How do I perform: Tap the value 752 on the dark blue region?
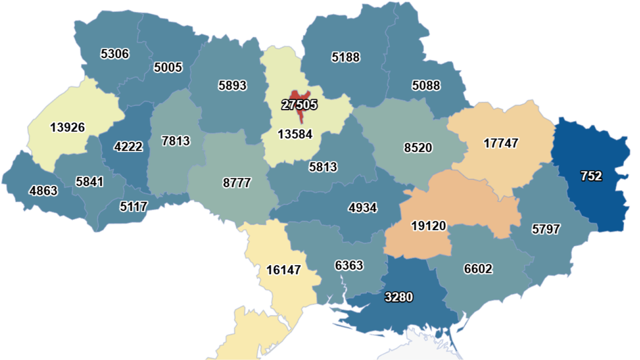click(x=591, y=176)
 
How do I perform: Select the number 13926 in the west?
click(x=68, y=127)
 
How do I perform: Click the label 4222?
click(x=128, y=147)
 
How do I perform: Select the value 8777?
click(x=237, y=182)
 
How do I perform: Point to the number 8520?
click(x=418, y=148)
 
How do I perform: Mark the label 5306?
click(x=115, y=53)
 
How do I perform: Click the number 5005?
click(x=168, y=67)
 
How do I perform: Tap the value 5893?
click(x=232, y=85)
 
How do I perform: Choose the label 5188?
click(x=346, y=57)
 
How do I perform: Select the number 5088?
click(x=426, y=86)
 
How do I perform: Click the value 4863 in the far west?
click(x=43, y=191)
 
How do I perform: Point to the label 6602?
click(x=478, y=269)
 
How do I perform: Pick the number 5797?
click(x=546, y=229)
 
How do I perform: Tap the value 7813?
click(x=176, y=140)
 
